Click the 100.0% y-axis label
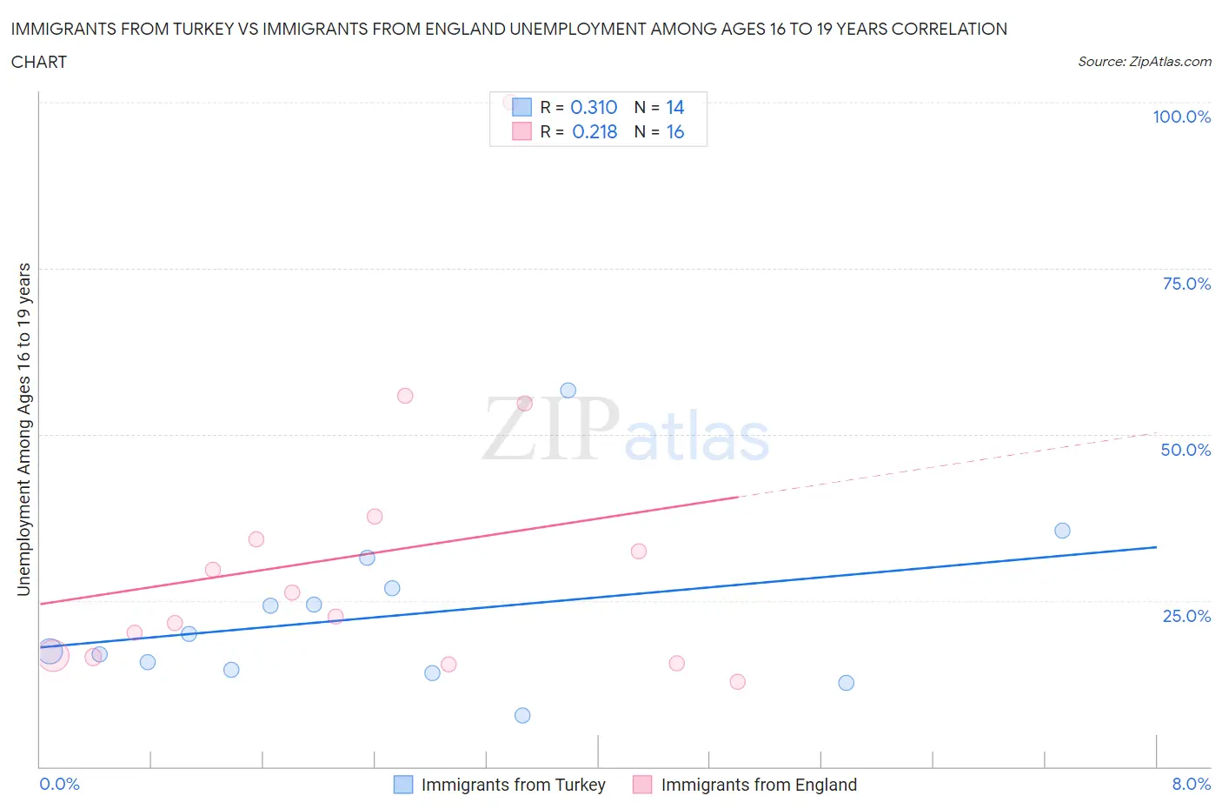point(1181,117)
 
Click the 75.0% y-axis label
point(1186,284)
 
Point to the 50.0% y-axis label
point(1185,450)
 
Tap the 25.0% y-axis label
point(1186,616)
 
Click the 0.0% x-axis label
point(59,784)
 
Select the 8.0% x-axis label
point(1191,784)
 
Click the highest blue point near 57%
point(568,391)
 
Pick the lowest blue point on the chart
point(522,715)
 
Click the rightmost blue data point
point(1062,531)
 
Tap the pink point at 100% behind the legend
point(510,102)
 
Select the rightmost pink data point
point(738,681)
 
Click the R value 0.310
point(594,107)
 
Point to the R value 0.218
point(594,131)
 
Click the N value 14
point(675,107)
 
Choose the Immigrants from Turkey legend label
point(513,785)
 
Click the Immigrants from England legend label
point(759,785)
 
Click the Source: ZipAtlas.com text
point(1144,62)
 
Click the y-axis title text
point(24,429)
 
